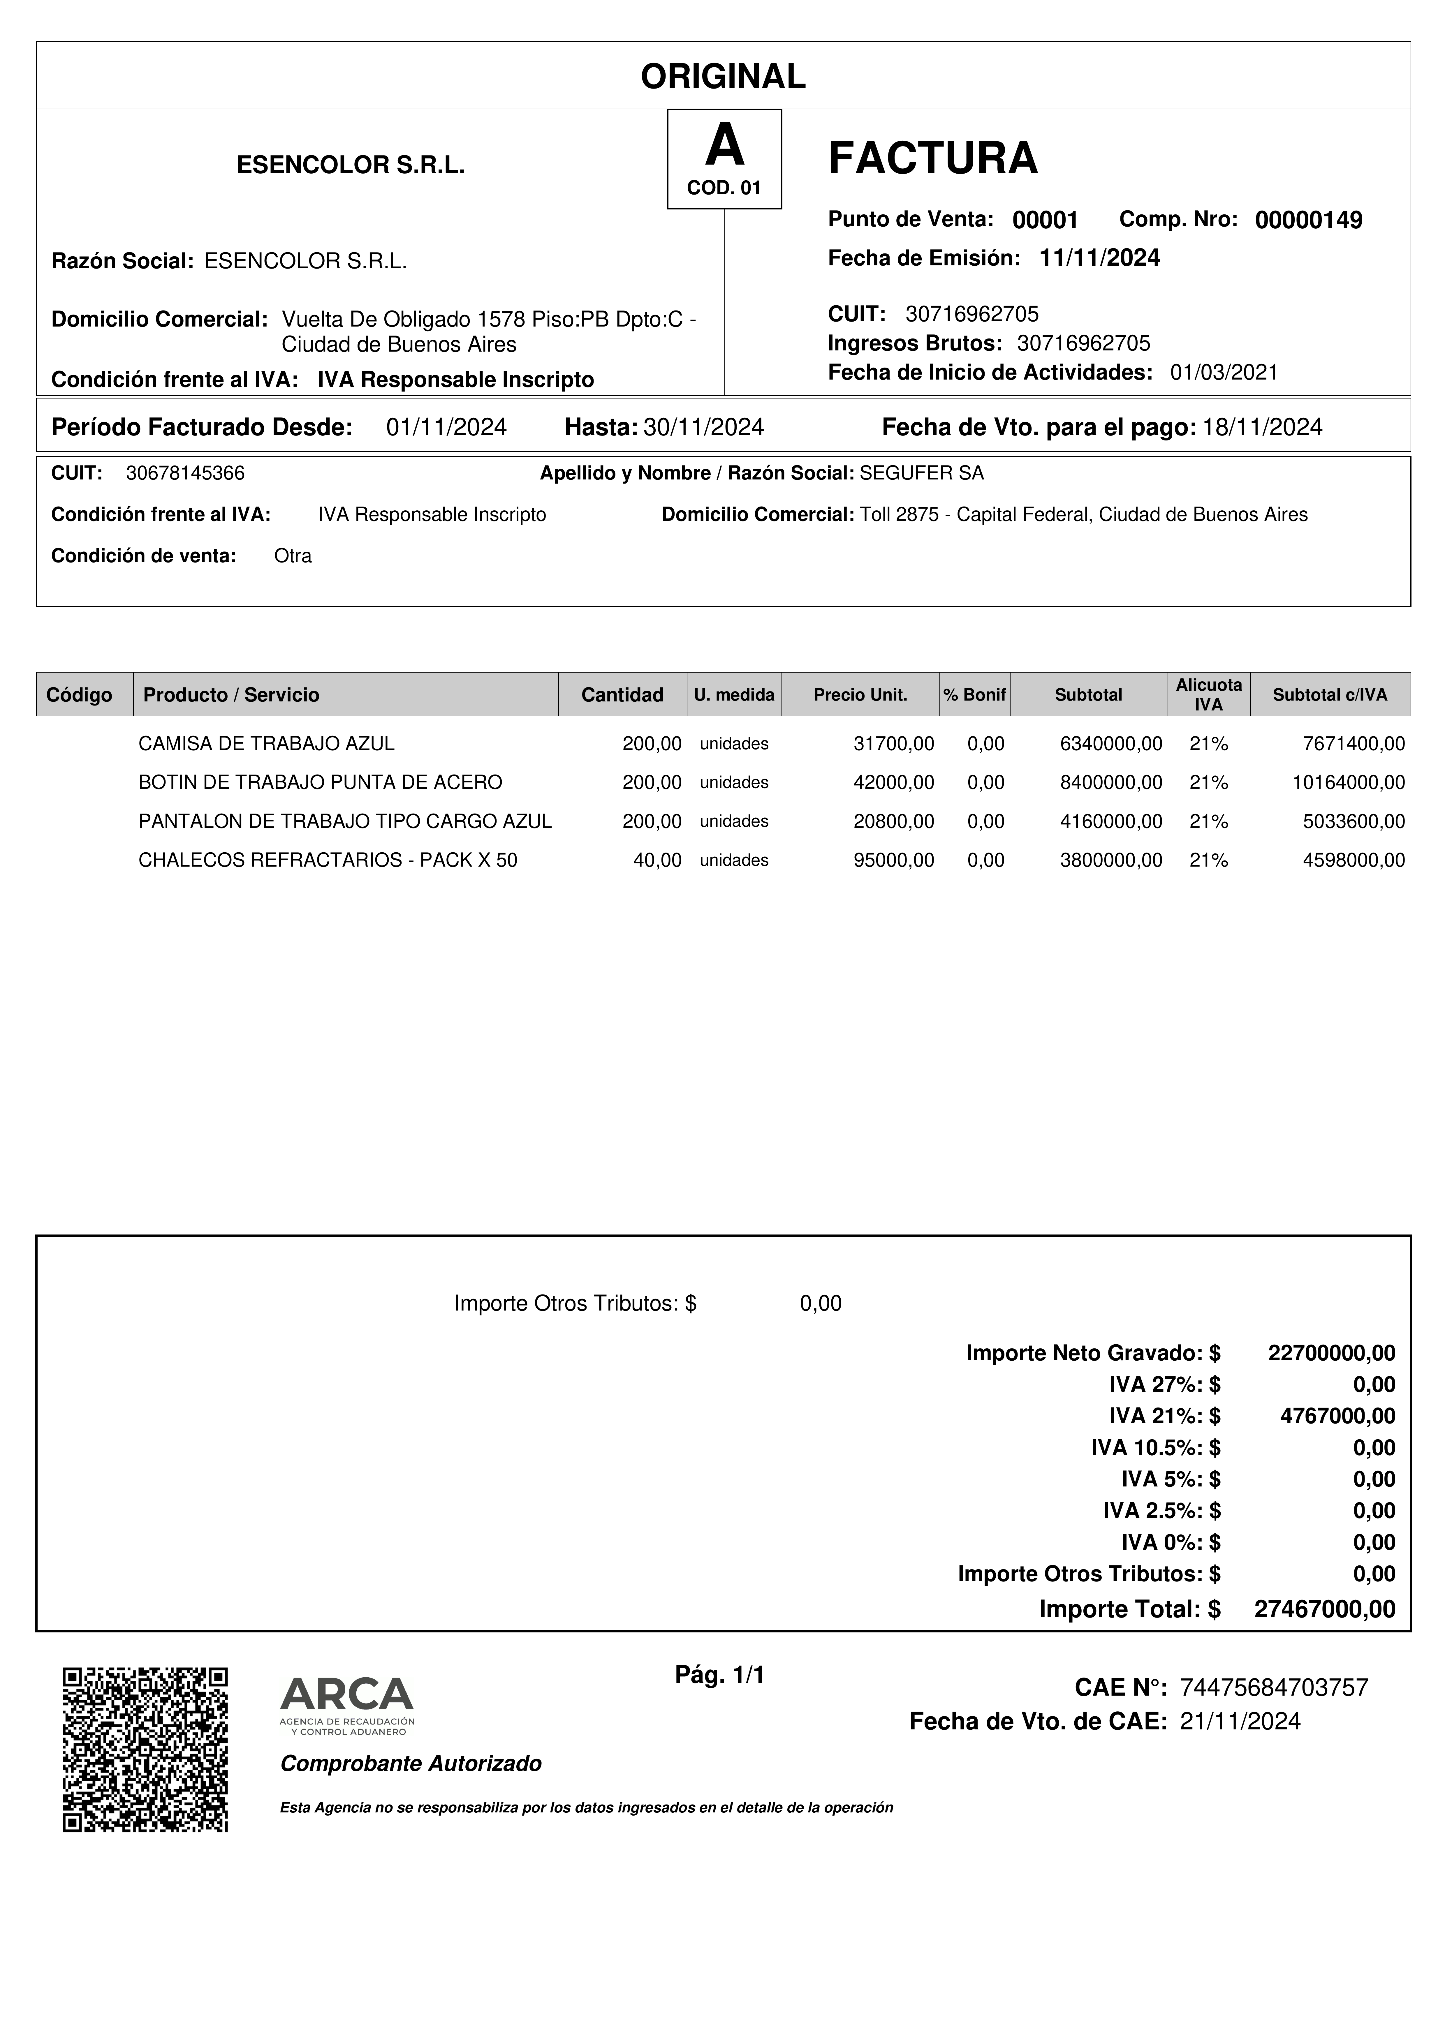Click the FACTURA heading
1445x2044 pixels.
click(x=932, y=158)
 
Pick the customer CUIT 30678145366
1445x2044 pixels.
click(x=185, y=474)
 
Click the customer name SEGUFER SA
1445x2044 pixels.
click(x=921, y=474)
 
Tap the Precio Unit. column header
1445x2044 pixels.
click(x=860, y=695)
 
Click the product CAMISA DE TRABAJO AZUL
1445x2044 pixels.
click(x=266, y=743)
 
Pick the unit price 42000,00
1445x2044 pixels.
click(x=893, y=782)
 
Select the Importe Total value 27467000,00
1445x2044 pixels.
click(x=1324, y=1609)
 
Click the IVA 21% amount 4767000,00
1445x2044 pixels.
click(x=1337, y=1415)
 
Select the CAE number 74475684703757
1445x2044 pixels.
click(x=1273, y=1687)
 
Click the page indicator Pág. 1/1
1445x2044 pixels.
click(x=719, y=1675)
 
